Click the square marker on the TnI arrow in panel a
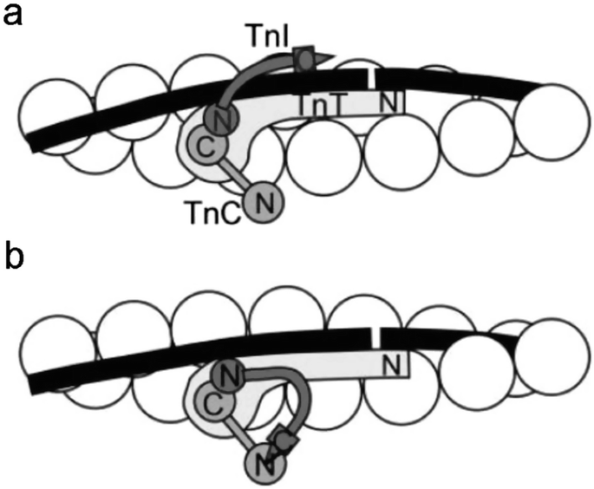tap(304, 59)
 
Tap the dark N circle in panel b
tap(226, 376)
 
